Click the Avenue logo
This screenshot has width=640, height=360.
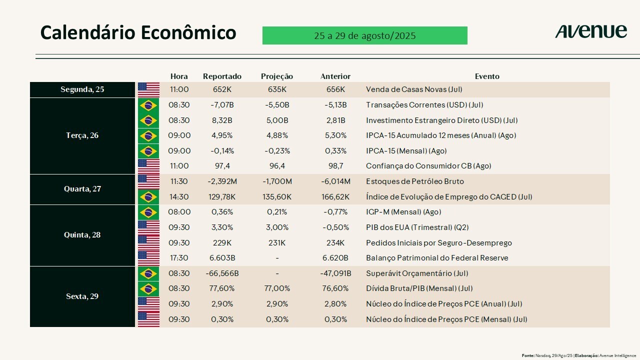click(x=590, y=31)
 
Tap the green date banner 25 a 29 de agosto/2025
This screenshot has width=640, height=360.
click(x=364, y=36)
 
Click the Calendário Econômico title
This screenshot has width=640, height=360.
click(x=138, y=32)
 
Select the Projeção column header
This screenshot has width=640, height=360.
click(x=276, y=76)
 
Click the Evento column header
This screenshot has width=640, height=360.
click(x=487, y=76)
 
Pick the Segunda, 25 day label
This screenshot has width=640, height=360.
click(x=82, y=90)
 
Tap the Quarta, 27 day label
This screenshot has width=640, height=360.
click(x=82, y=189)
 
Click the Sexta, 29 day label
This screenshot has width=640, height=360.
click(x=82, y=296)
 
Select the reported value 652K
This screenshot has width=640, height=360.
click(x=222, y=90)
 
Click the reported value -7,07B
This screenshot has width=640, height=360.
click(x=222, y=105)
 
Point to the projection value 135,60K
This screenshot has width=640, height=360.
click(x=276, y=197)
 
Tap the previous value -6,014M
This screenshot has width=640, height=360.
click(x=335, y=181)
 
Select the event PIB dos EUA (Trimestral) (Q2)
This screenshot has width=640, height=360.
click(x=417, y=227)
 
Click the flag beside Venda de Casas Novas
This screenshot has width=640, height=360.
click(x=148, y=90)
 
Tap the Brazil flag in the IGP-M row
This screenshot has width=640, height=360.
click(x=148, y=212)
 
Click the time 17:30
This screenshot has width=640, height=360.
click(x=179, y=258)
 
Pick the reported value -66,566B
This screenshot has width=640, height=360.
click(x=222, y=273)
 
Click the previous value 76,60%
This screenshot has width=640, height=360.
click(x=335, y=288)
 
